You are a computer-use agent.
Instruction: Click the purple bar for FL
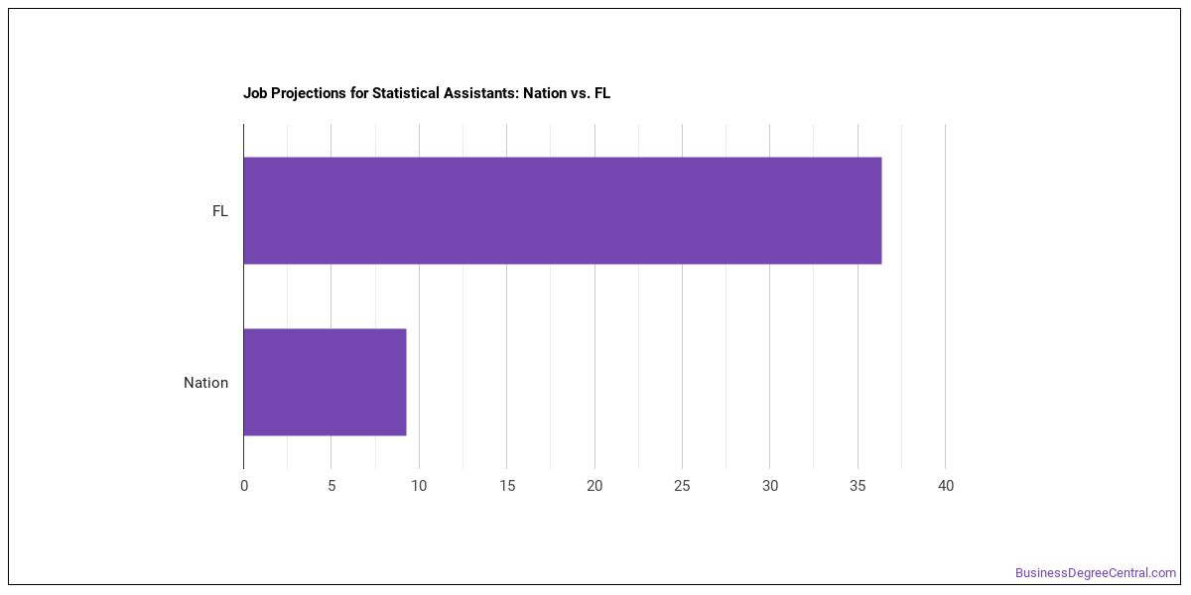pyautogui.click(x=563, y=210)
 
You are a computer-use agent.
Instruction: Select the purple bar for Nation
pyautogui.click(x=325, y=382)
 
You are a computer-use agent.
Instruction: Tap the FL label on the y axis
pyautogui.click(x=220, y=211)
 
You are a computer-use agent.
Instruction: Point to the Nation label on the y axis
pyautogui.click(x=205, y=383)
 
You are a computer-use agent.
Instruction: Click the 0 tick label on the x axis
pyautogui.click(x=244, y=486)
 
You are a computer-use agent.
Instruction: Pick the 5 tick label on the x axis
pyautogui.click(x=331, y=486)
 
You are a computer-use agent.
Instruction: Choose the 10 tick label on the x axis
pyautogui.click(x=419, y=486)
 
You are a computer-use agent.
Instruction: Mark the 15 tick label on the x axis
pyautogui.click(x=507, y=486)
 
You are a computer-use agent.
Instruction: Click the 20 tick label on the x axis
pyautogui.click(x=595, y=486)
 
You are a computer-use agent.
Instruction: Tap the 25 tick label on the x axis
pyautogui.click(x=682, y=486)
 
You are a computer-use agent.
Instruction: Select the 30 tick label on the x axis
pyautogui.click(x=770, y=486)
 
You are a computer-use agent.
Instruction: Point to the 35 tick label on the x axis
pyautogui.click(x=858, y=486)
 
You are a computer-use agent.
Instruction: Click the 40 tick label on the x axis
pyautogui.click(x=946, y=486)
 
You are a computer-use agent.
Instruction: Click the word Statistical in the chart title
pyautogui.click(x=406, y=93)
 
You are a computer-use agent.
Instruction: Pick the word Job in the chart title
pyautogui.click(x=255, y=93)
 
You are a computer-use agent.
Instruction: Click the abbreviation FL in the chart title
pyautogui.click(x=601, y=93)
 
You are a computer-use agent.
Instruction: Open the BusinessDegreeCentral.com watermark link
pyautogui.click(x=1096, y=573)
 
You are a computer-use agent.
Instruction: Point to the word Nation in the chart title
pyautogui.click(x=545, y=93)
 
